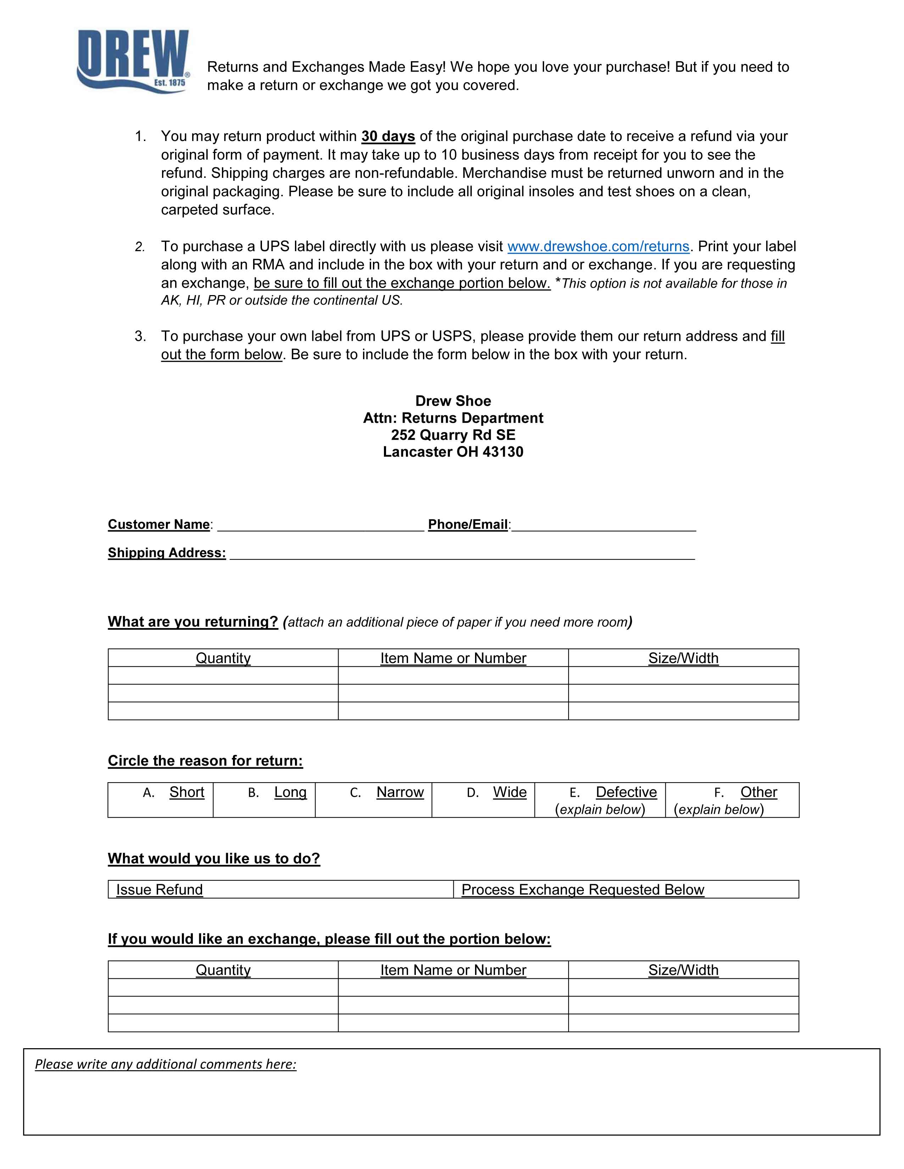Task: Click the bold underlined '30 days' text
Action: click(388, 136)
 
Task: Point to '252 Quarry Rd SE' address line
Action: click(453, 435)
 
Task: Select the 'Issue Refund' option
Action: click(159, 890)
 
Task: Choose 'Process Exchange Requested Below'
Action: click(582, 890)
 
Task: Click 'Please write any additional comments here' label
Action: click(166, 1064)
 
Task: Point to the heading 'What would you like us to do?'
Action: click(214, 859)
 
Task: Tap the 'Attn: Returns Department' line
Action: click(453, 418)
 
